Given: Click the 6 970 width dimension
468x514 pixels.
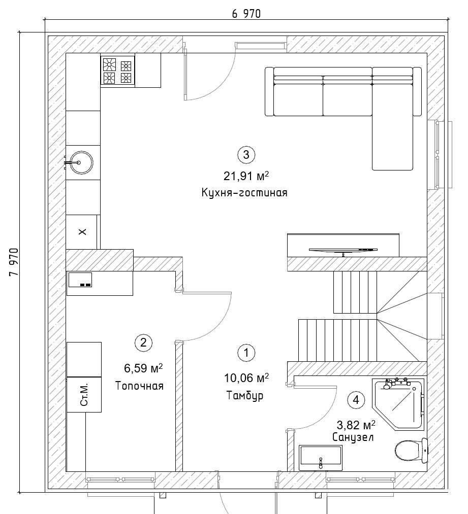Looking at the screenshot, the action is tap(246, 13).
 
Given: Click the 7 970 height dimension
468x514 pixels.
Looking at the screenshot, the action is tap(14, 262).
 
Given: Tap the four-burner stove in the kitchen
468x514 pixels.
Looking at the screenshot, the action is tap(117, 71).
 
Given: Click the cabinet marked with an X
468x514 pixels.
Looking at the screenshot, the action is tap(82, 232).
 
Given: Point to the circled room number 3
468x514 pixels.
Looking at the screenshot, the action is tap(246, 154).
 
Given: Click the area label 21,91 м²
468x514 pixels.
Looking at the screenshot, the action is tap(246, 176).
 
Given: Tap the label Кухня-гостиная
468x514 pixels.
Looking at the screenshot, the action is tap(244, 192).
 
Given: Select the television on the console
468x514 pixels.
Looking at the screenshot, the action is tap(343, 251).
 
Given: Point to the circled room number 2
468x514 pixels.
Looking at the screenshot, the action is tap(143, 343).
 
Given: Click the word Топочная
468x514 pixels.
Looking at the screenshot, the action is tap(139, 386).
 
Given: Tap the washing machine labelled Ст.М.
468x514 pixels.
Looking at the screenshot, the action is tap(84, 394).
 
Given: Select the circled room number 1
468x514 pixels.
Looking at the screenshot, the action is tap(246, 353).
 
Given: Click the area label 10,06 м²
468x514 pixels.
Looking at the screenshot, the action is tap(246, 378).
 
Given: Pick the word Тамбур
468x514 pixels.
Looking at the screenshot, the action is tap(245, 395).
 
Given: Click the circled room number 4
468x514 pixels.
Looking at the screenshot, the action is tap(356, 400).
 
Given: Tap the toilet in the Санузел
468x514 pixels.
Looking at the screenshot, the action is tap(412, 450).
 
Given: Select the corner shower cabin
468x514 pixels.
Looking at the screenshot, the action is tap(398, 404).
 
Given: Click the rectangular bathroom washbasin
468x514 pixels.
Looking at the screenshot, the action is tap(321, 458).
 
